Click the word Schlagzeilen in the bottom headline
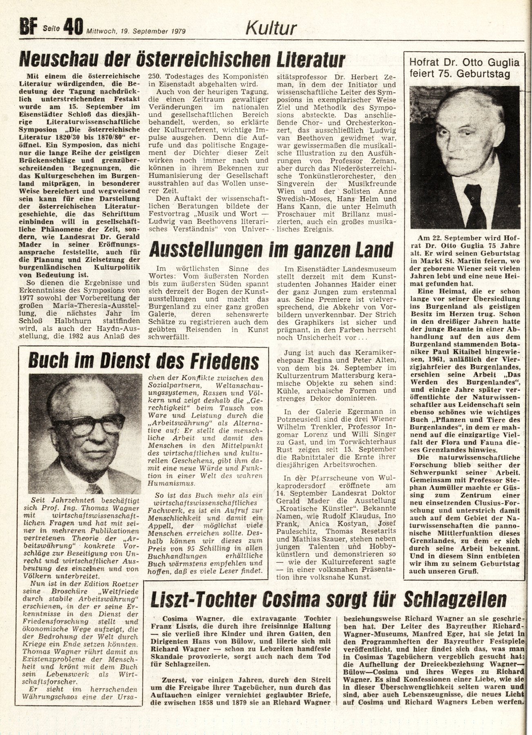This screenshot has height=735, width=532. pyautogui.click(x=455, y=600)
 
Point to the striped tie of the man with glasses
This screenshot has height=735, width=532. pyautogui.click(x=95, y=488)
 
